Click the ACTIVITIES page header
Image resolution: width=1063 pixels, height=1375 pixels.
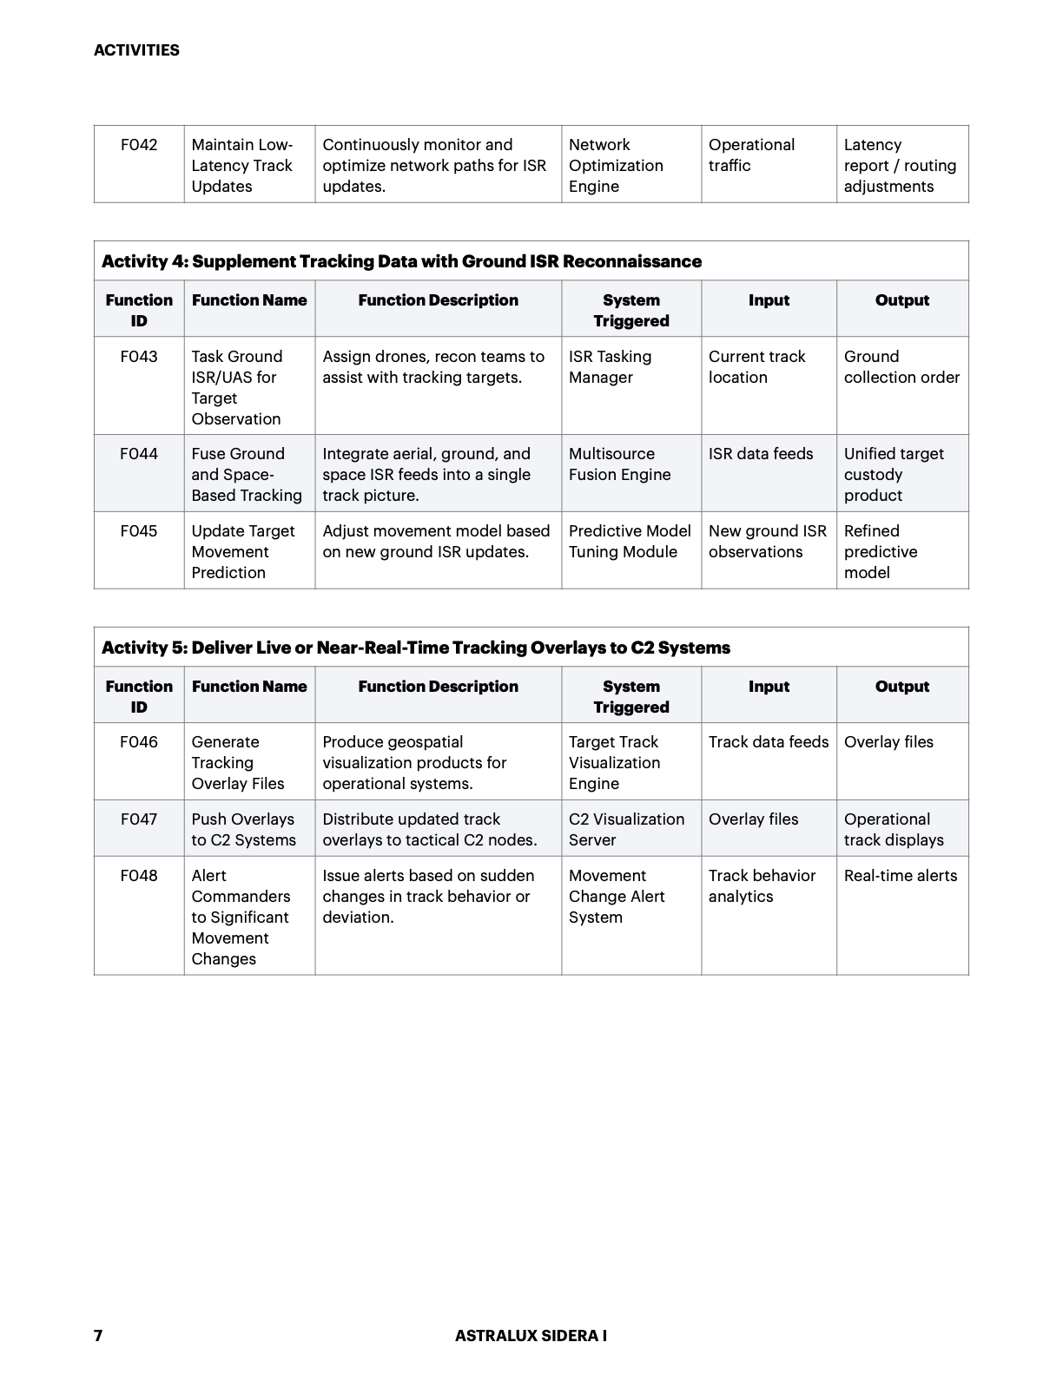136,50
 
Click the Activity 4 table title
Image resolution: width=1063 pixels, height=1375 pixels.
401,261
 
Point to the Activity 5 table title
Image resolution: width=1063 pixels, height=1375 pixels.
415,648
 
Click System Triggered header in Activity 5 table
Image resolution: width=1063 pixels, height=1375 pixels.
631,697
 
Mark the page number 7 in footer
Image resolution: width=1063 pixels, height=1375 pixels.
98,1336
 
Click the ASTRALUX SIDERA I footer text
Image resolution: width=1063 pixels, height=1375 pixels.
531,1336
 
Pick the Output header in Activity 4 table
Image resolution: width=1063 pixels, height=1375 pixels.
902,300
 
